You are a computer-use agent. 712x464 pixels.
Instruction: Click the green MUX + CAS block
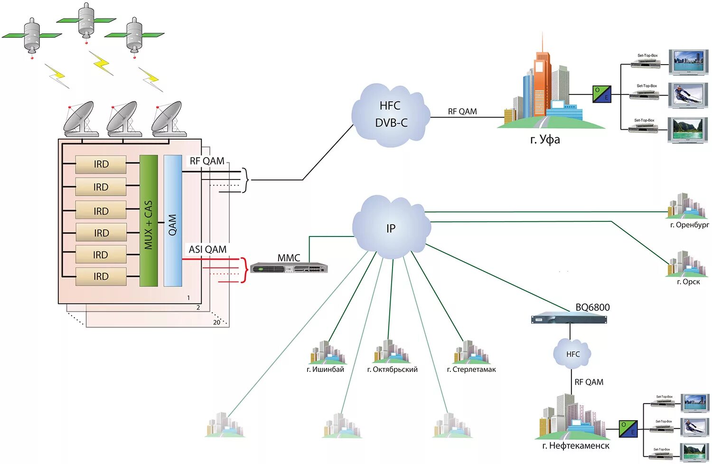coord(149,221)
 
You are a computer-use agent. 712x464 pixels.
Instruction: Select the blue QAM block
coord(173,221)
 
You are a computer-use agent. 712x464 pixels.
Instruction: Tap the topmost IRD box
coord(101,164)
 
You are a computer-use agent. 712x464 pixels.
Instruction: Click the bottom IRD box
coord(101,276)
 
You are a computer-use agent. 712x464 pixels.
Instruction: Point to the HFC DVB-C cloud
coord(391,115)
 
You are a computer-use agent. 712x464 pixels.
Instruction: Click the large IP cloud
coord(391,227)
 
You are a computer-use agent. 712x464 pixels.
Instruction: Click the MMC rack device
coord(289,268)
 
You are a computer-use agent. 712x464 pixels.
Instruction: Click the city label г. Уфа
coord(545,140)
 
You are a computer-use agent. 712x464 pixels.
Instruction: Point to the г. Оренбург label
coord(689,225)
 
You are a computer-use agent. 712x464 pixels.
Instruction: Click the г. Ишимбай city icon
coord(328,352)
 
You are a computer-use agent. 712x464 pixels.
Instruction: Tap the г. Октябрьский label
coord(392,369)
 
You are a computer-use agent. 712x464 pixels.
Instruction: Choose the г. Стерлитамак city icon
coord(471,352)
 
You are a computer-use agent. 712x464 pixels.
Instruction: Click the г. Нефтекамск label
coord(576,446)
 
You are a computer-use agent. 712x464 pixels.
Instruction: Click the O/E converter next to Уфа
coord(602,94)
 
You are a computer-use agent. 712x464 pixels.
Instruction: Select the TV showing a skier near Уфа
coord(688,95)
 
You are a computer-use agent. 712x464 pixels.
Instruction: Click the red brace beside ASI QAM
coord(244,270)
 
